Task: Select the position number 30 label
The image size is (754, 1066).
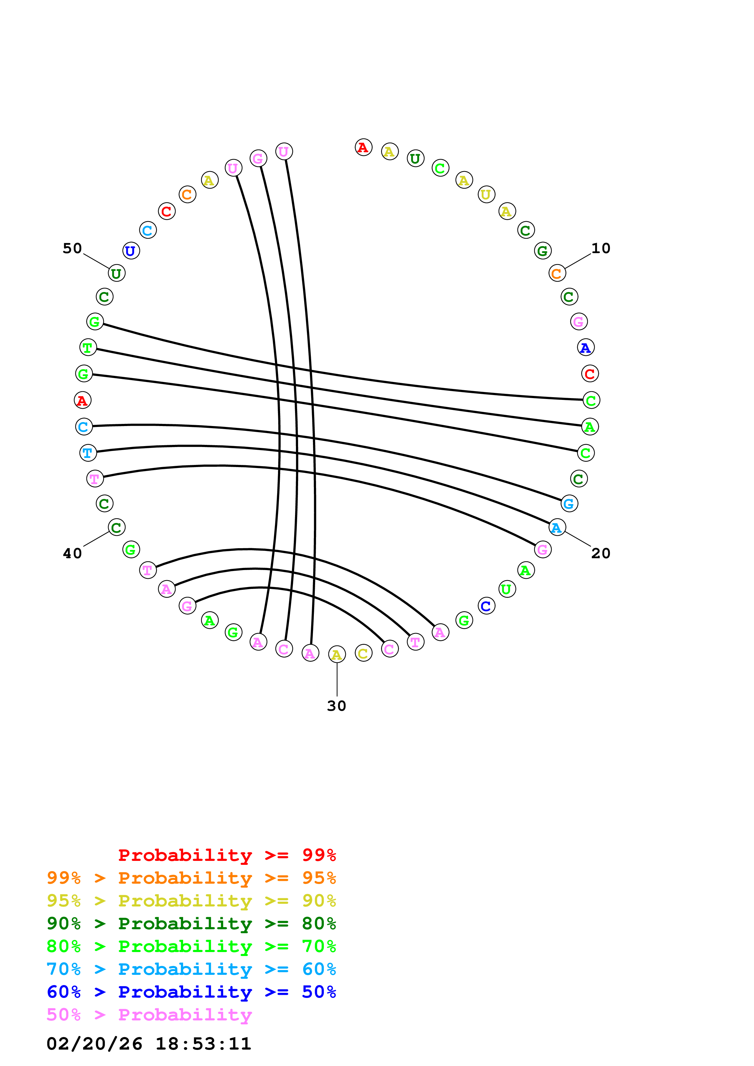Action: [x=336, y=706]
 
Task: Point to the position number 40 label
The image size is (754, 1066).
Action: [x=72, y=553]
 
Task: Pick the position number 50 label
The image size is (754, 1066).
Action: [x=72, y=248]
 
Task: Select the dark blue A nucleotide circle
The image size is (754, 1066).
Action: [x=585, y=347]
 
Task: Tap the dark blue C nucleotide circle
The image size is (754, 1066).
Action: [x=486, y=606]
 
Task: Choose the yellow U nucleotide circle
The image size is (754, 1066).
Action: [x=486, y=194]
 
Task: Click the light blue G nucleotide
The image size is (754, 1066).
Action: [x=569, y=503]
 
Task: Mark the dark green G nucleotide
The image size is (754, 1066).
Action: [x=543, y=251]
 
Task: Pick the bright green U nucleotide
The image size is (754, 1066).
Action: [x=507, y=589]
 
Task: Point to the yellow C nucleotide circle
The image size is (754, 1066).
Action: [x=363, y=653]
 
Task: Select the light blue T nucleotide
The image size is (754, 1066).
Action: [x=88, y=453]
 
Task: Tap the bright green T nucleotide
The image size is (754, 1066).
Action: [x=88, y=347]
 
